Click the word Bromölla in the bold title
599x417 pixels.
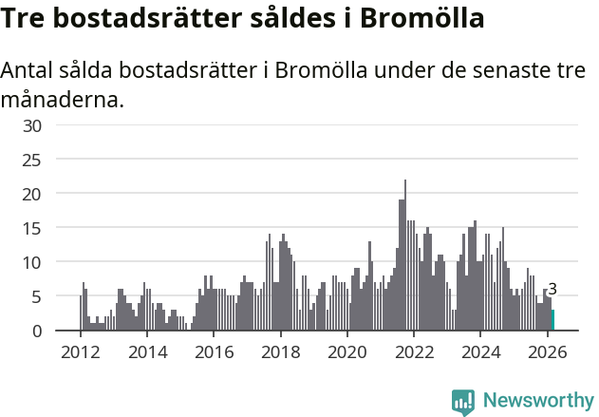[418, 18]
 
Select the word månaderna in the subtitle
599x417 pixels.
[63, 99]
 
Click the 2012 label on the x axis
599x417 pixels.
[80, 351]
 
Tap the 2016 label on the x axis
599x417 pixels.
[214, 351]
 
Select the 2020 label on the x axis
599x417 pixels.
[346, 351]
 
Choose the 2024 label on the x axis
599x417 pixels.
[480, 351]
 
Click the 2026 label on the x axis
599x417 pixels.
[547, 351]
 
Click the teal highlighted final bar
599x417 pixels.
[552, 320]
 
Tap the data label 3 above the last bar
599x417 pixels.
[552, 290]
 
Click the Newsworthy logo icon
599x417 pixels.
[463, 402]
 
